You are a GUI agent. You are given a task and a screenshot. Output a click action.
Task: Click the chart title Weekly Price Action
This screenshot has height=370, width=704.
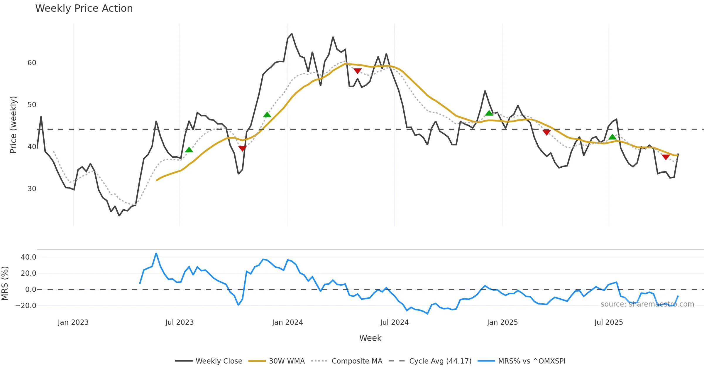pos(84,9)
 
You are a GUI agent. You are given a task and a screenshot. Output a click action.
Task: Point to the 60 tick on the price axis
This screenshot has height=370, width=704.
pos(32,63)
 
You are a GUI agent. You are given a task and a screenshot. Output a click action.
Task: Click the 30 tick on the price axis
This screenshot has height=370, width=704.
pos(32,189)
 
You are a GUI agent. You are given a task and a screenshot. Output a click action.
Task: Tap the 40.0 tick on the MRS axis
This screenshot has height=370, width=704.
pos(28,257)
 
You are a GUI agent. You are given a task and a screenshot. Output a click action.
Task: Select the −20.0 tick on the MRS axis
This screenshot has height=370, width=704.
pos(26,306)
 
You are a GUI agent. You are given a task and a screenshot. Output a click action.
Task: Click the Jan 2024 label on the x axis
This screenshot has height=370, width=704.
pos(287,322)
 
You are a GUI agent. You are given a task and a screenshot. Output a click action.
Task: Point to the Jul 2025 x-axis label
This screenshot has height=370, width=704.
pos(609,322)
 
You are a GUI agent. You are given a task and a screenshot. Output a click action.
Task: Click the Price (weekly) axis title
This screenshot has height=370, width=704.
pos(13,125)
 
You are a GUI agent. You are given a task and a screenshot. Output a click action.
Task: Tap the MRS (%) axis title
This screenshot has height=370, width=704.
pos(5,283)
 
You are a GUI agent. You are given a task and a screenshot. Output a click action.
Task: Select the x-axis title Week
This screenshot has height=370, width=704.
pos(370,338)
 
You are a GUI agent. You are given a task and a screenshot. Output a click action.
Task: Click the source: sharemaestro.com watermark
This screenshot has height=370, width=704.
pos(647,304)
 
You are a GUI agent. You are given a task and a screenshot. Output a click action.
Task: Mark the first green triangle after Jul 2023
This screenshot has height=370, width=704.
pos(189,150)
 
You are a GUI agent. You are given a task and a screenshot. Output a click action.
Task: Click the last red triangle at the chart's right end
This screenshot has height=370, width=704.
pos(666,157)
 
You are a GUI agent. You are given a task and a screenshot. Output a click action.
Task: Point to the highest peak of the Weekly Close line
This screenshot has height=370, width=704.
pos(292,34)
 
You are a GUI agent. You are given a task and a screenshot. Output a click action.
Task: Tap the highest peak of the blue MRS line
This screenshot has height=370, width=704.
pos(156,253)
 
